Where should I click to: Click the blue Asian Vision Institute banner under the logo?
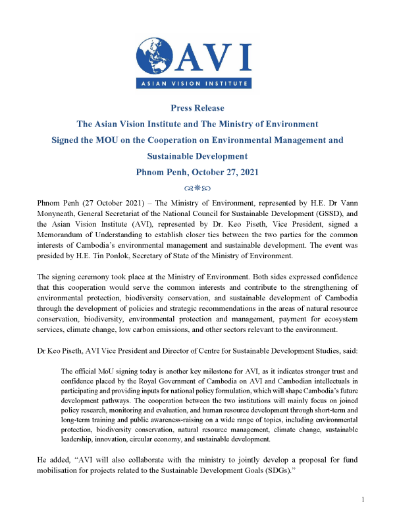[x=197, y=84]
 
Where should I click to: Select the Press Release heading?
[x=197, y=108]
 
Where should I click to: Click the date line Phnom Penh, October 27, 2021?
[x=197, y=173]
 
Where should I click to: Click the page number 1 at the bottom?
[x=363, y=518]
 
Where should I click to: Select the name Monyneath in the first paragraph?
[x=61, y=213]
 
